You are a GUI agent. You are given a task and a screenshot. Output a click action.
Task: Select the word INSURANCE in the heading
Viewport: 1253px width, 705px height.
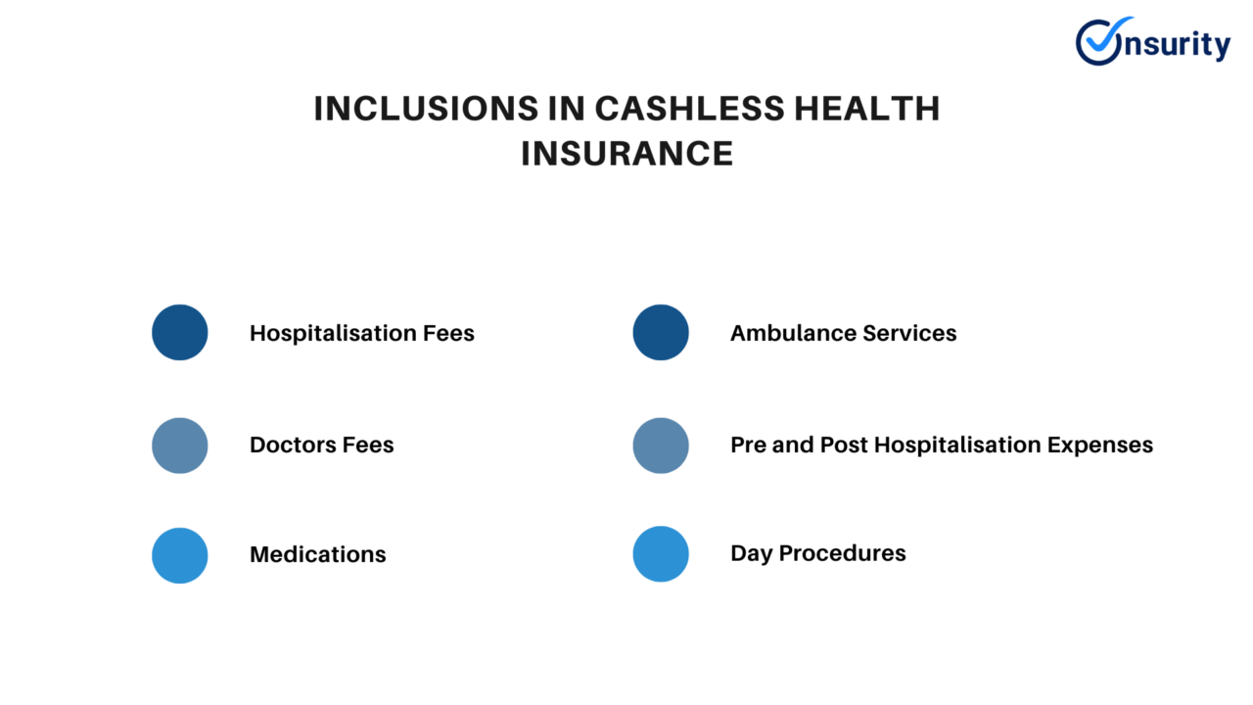coord(626,154)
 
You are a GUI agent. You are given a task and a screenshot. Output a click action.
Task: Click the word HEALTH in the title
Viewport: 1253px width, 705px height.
coord(867,109)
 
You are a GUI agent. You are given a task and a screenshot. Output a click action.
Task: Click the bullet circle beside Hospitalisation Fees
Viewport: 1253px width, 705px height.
coord(180,332)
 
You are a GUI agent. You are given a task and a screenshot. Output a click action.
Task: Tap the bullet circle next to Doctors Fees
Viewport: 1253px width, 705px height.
coord(180,446)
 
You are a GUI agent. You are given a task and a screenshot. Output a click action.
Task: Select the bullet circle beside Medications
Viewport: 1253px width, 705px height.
coord(180,555)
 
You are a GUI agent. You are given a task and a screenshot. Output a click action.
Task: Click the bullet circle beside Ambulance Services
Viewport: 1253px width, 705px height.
coord(661,332)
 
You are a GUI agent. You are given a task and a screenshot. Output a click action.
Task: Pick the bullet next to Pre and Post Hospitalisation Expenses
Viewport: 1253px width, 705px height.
coord(661,446)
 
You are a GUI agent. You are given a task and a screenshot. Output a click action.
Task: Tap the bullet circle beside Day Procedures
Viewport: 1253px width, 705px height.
coord(661,553)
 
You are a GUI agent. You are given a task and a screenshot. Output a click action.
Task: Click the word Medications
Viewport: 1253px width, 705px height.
coord(318,554)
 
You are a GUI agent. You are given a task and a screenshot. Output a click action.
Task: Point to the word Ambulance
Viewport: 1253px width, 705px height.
coord(788,333)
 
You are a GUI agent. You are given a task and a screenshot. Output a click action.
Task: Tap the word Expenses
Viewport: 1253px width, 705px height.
coord(1099,445)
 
